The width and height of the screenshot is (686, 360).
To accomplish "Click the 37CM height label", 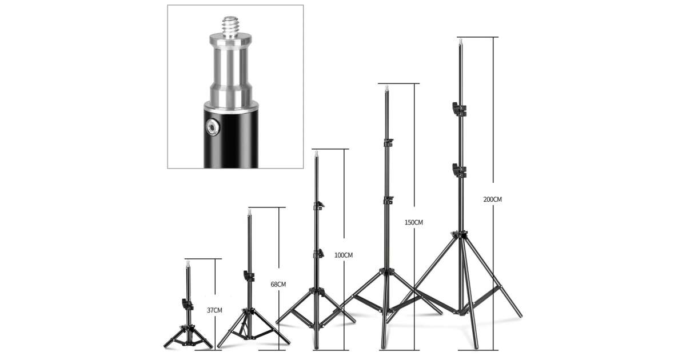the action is pos(214,310).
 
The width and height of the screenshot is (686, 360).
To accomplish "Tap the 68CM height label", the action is pos(278,285).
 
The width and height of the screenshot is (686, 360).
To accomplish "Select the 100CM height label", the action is pos(344,255).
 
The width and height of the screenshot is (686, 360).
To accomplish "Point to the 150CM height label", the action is pos(414,222).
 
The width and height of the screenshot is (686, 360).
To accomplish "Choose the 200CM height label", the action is pos(492,199).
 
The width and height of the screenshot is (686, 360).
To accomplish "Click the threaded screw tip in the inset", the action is pos(230,27).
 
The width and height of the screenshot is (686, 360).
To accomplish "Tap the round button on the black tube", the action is pos(212,127).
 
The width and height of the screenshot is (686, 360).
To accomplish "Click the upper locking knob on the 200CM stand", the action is pos(459,110).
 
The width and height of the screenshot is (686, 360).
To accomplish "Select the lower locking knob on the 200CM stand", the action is pos(459,171).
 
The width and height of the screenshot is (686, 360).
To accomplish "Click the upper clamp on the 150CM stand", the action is pos(388,143).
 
